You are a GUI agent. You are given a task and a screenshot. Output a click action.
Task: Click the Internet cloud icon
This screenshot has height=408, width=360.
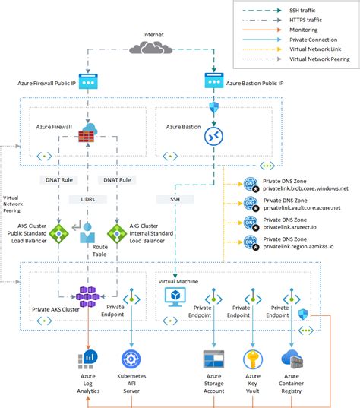pyautogui.click(x=151, y=48)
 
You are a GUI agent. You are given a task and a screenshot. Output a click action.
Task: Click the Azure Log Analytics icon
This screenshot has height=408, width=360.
pyautogui.click(x=90, y=357)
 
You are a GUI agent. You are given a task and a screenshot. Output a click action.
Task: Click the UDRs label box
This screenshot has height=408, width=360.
pyautogui.click(x=90, y=198)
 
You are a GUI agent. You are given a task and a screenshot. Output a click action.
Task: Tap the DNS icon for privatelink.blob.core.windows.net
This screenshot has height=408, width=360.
pyautogui.click(x=251, y=185)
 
